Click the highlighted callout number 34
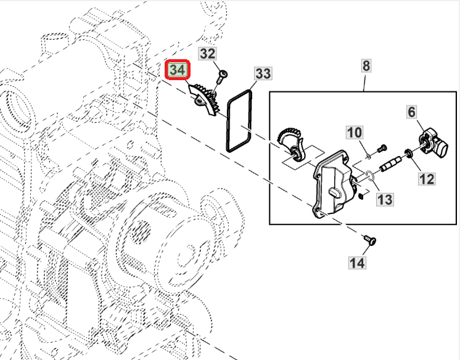click(178, 70)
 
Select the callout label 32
click(208, 54)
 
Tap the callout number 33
click(263, 74)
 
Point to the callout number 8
click(366, 65)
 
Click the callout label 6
click(412, 112)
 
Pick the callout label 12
click(427, 179)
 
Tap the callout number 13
click(385, 200)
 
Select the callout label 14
click(357, 263)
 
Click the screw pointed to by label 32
click(221, 76)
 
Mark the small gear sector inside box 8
click(291, 142)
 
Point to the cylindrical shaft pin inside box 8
click(392, 163)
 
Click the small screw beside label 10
click(380, 147)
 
